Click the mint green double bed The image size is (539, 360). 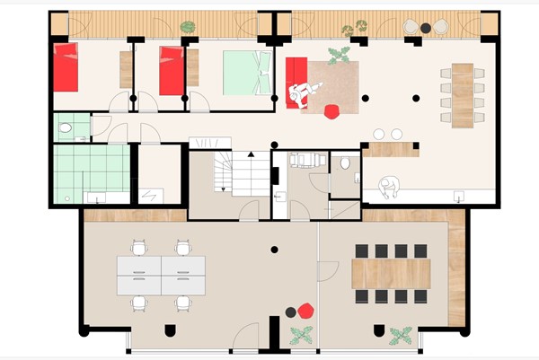246,73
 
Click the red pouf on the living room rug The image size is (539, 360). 331,111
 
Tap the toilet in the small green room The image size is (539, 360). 65,129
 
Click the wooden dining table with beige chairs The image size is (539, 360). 462,86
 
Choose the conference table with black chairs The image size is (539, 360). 391,272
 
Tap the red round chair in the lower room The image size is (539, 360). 305,312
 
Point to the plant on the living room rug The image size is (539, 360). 340,56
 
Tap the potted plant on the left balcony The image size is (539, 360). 189,28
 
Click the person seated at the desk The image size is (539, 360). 388,186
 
